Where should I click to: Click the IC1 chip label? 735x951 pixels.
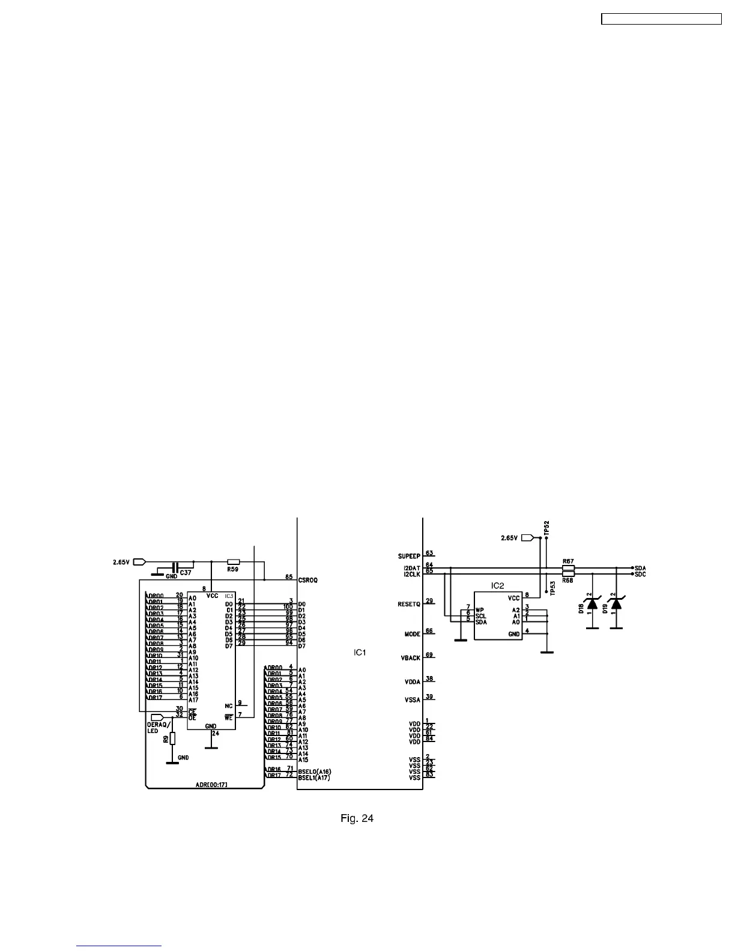click(x=359, y=652)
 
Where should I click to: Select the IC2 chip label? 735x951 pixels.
click(x=497, y=585)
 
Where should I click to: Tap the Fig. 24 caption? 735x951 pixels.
click(x=357, y=818)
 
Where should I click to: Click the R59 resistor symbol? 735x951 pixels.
click(x=234, y=562)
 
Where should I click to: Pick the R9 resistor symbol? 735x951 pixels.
click(x=172, y=738)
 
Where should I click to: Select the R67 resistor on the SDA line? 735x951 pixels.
click(x=567, y=568)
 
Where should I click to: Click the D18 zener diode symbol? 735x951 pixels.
click(x=592, y=603)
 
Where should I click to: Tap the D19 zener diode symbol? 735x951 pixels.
click(x=616, y=603)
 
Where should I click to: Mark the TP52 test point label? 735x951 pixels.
click(x=546, y=528)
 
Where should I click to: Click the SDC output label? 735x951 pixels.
click(x=640, y=575)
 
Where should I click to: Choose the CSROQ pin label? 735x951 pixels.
click(x=307, y=581)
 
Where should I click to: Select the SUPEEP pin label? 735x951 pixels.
click(x=409, y=556)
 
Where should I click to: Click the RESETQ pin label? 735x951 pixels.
click(x=409, y=604)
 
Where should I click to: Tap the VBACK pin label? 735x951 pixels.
click(x=410, y=658)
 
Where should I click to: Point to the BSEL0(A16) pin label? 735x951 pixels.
click(x=314, y=771)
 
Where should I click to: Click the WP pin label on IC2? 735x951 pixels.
click(x=480, y=610)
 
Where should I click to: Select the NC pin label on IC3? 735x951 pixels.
click(x=229, y=706)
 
